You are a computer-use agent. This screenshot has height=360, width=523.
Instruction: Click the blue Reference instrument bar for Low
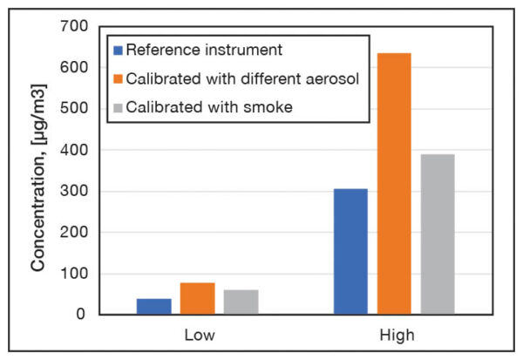154,306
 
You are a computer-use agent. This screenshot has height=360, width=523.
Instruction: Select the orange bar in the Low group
198,298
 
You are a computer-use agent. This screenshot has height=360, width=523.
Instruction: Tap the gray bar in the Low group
241,302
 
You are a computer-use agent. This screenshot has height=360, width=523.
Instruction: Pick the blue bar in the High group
350,251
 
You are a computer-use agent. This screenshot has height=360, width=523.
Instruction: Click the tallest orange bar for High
394,183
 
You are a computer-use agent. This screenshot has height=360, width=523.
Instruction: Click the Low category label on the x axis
199,335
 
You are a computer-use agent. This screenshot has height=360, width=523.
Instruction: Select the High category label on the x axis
397,335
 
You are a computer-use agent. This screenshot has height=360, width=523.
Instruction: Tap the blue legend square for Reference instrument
117,48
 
